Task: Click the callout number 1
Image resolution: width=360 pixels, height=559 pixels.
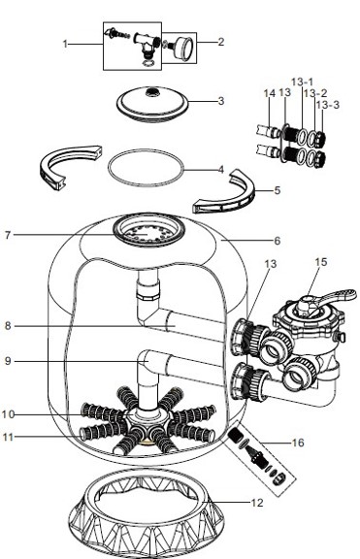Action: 65,44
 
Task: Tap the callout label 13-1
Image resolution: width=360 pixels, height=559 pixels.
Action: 301,83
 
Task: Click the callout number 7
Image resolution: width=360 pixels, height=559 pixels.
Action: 61,234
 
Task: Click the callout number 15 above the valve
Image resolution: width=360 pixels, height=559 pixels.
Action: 321,262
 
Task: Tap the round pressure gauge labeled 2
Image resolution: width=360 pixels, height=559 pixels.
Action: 181,46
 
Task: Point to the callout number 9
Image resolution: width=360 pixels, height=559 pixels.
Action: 61,361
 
